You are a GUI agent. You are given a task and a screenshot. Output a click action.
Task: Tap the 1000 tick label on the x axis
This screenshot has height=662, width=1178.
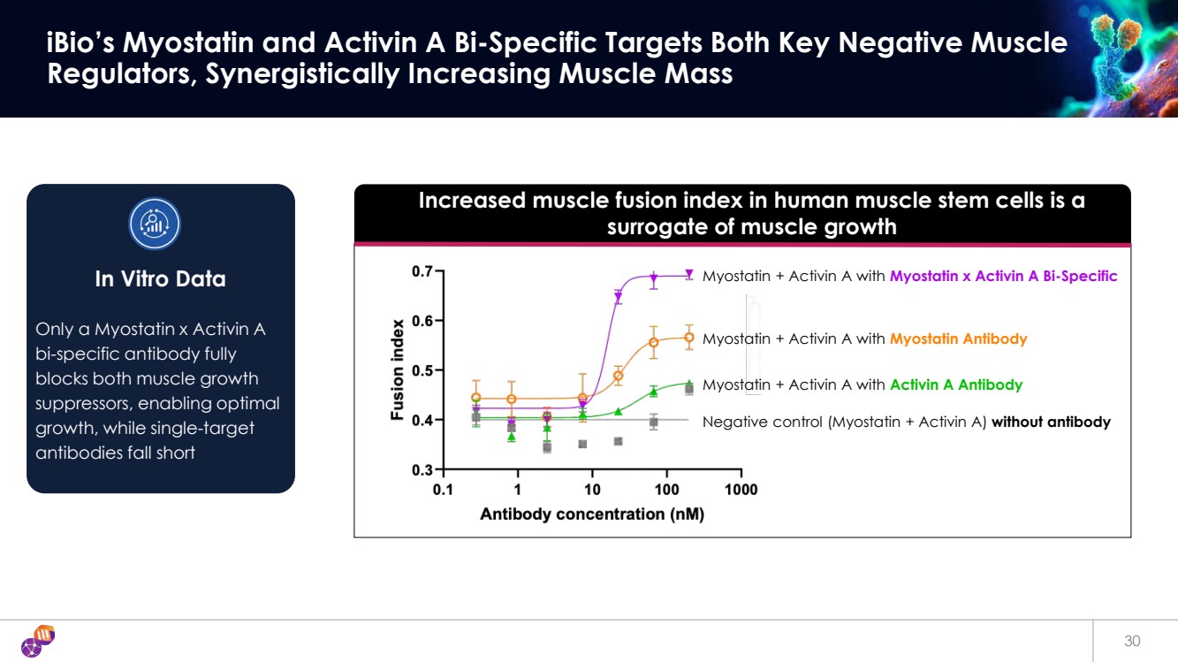click(741, 490)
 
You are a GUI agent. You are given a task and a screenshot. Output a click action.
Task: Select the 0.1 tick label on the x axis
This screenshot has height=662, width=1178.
click(443, 490)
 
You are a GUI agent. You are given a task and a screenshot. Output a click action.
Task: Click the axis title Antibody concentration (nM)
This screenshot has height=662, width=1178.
click(591, 514)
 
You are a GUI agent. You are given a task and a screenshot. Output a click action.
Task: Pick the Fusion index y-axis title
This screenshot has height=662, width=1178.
click(399, 369)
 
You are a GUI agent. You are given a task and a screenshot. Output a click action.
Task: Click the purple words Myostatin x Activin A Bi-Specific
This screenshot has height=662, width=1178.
click(1003, 277)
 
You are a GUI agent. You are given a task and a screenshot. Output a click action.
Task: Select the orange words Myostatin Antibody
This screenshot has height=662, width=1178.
click(958, 339)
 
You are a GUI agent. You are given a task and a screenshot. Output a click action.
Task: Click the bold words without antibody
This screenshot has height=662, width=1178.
click(1051, 422)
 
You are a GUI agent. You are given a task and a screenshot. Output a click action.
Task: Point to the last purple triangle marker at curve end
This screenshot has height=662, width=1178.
click(689, 275)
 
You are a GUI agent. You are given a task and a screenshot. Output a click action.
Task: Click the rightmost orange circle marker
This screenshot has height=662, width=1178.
click(689, 337)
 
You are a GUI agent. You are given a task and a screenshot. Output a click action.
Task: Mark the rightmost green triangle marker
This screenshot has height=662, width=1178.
click(689, 384)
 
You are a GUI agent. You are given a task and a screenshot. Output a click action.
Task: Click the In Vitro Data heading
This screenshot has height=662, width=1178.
click(160, 279)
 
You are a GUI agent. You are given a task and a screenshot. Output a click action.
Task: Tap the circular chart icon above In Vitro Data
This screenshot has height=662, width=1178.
click(155, 224)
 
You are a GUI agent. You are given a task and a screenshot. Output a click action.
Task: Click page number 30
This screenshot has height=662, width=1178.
click(1132, 642)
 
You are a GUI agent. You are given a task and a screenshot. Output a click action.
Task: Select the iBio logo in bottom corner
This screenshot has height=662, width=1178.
click(38, 642)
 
